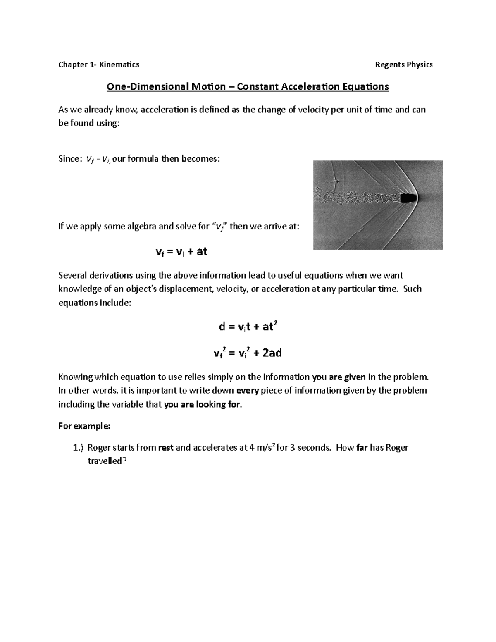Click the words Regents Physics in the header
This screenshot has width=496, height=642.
pos(403,64)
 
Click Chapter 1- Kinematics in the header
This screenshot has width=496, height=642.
pos(99,64)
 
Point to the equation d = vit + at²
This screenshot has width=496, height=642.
pos(248,327)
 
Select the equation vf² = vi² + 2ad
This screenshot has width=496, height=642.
pos(248,353)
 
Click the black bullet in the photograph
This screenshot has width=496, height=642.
pos(408,198)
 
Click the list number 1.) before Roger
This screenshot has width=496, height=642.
pos(78,448)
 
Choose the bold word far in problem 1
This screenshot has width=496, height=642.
pos(361,448)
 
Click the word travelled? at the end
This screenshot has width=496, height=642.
pos(107,461)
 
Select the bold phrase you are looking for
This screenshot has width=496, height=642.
pos(202,405)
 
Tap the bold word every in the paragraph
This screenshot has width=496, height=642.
pos(247,391)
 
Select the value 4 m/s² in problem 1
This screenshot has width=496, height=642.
pos(262,448)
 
